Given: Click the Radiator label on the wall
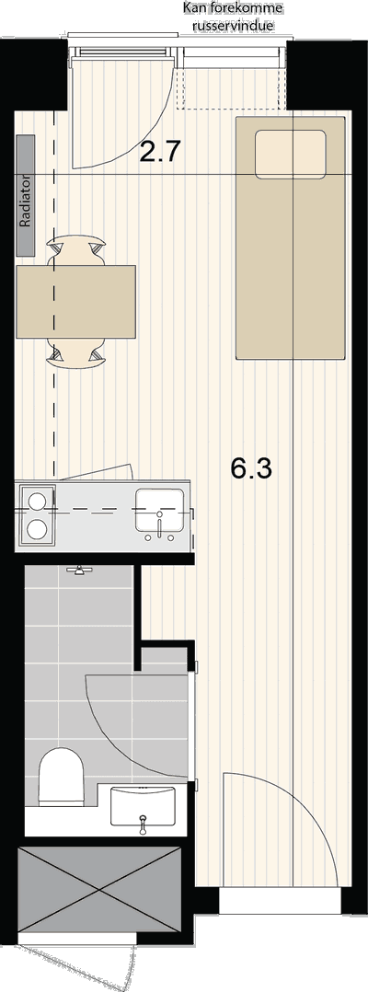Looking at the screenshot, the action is point(26,195).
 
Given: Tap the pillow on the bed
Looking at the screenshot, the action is point(290,154).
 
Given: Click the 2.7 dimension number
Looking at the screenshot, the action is point(161,152).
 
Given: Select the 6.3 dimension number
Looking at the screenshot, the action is point(250,469).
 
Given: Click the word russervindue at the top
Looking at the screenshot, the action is point(234,25).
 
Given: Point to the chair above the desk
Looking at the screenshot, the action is point(75,251).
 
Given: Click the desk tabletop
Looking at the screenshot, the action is point(75,302).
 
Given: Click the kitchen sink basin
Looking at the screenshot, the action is point(160,510).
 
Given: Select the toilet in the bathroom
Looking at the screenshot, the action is point(62,776).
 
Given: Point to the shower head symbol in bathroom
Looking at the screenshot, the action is point(79,570).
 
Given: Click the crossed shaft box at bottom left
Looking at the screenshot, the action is point(99,890).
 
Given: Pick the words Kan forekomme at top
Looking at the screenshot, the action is point(233,8).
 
